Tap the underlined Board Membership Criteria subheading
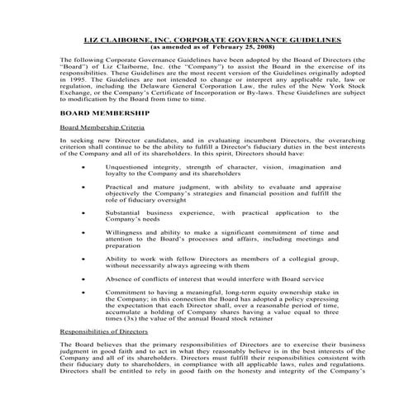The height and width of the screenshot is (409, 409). [x=103, y=127]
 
